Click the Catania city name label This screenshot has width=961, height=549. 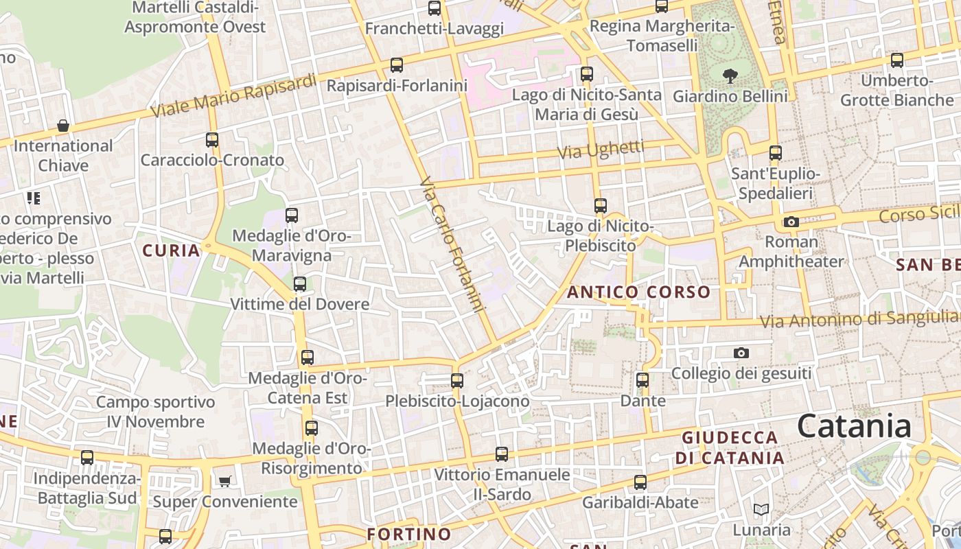(x=854, y=426)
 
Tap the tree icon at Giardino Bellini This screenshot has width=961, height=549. (x=730, y=75)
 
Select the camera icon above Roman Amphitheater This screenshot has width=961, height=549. (x=791, y=222)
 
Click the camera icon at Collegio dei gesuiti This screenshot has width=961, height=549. (x=741, y=353)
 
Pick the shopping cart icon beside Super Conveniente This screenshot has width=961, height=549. (x=224, y=481)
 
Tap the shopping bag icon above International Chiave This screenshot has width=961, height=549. (x=63, y=126)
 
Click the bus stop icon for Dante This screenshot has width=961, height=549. (x=642, y=379)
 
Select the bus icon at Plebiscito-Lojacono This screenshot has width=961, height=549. (x=457, y=380)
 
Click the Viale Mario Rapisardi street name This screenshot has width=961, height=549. (x=233, y=94)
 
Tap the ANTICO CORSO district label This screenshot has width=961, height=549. (x=638, y=292)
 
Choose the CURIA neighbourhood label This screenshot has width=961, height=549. (x=172, y=250)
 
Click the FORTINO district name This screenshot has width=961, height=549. (x=409, y=534)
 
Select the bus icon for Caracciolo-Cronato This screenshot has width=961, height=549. (x=212, y=139)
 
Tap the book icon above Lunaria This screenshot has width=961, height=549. (x=761, y=510)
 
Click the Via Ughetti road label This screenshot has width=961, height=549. (x=601, y=149)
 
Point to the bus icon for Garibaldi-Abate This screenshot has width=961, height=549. (x=640, y=482)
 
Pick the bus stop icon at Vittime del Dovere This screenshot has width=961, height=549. (x=300, y=283)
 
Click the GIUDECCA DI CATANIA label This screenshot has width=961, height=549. (x=730, y=447)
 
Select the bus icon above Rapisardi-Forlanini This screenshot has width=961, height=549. (x=397, y=65)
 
